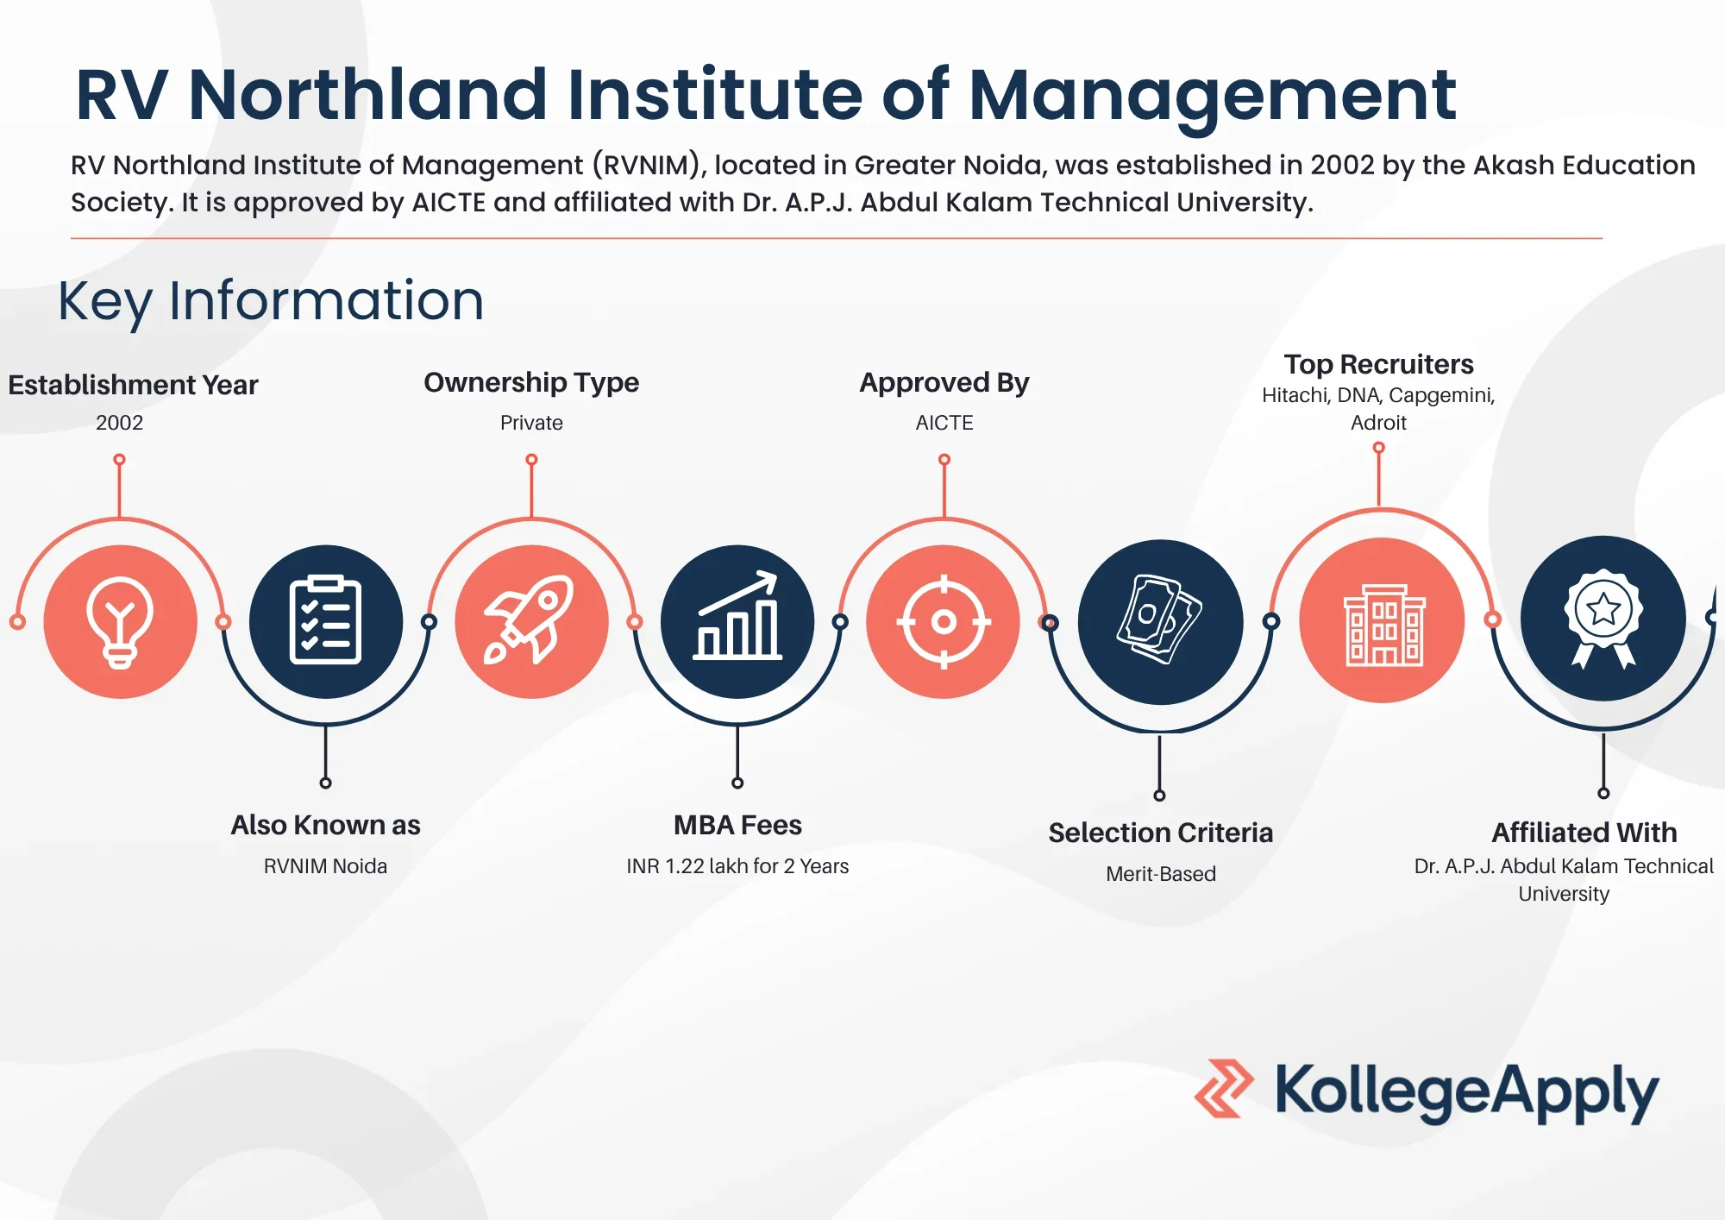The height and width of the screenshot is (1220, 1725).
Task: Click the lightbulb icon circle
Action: tap(120, 621)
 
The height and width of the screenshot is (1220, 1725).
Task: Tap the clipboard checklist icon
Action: tap(325, 619)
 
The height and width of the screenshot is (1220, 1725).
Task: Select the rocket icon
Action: tap(530, 620)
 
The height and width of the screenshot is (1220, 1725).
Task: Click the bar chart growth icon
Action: tap(737, 616)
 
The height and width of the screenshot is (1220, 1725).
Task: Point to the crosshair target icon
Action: tap(944, 621)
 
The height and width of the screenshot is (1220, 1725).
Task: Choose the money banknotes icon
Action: tap(1159, 619)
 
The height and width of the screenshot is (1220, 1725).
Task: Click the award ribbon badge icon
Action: tap(1603, 618)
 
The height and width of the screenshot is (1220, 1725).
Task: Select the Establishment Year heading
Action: tap(133, 385)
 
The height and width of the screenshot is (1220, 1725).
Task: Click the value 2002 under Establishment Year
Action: tap(120, 423)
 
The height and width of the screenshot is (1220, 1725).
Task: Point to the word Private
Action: tap(531, 423)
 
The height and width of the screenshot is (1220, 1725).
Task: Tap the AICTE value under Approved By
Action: tap(944, 423)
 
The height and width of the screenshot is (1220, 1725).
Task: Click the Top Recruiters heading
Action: tap(1378, 364)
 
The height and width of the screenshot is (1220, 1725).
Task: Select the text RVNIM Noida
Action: tap(325, 866)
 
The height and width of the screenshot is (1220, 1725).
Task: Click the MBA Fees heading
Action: tap(737, 826)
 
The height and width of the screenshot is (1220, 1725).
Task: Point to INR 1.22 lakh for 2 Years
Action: tap(737, 866)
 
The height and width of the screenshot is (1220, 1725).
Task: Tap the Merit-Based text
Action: tap(1161, 874)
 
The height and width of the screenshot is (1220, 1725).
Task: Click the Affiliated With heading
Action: tap(1584, 833)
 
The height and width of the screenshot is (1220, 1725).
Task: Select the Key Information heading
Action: tap(271, 301)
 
